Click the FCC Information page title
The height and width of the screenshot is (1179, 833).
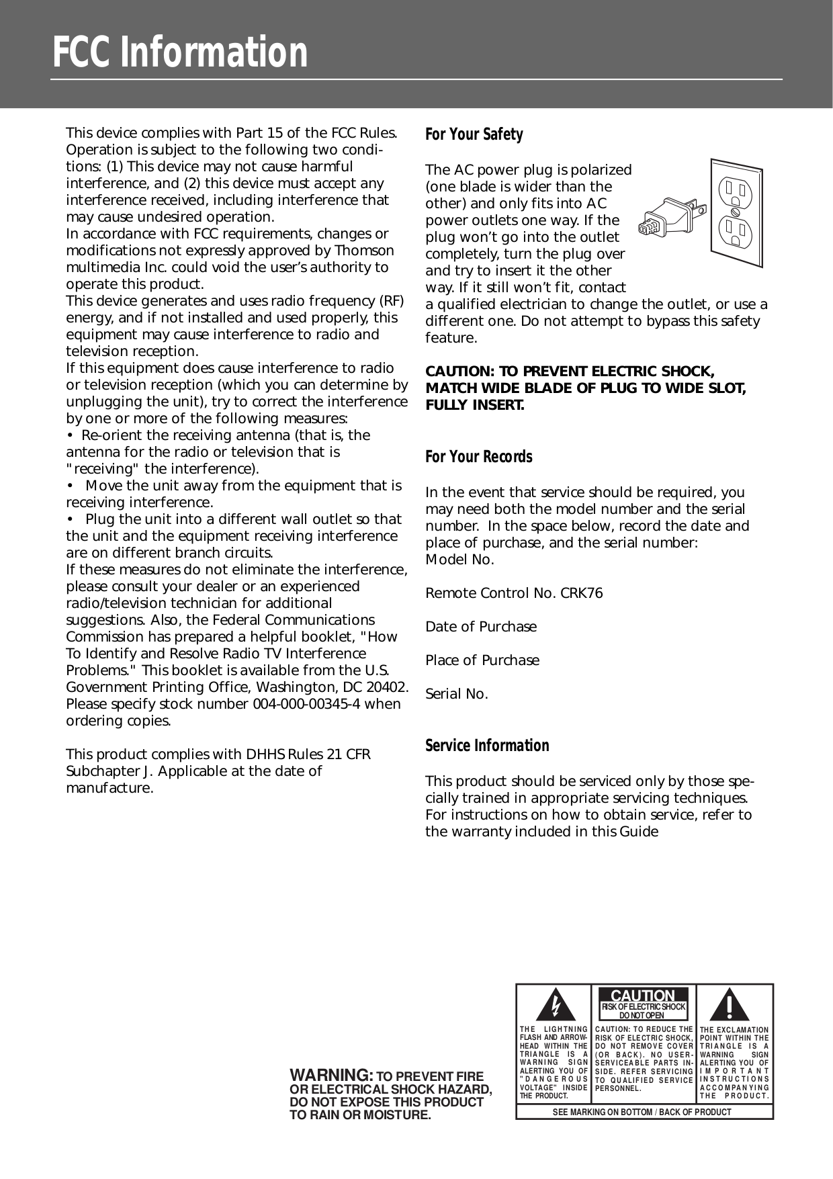pos(180,54)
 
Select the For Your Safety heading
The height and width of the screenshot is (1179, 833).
pos(474,134)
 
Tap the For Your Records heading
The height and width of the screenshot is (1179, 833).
pos(479,457)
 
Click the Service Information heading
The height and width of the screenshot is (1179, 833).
pos(487,746)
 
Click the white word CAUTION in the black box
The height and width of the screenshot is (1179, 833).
pos(643,996)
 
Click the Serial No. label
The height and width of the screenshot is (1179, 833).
pos(457,694)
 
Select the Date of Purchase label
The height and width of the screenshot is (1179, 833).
pos(481,627)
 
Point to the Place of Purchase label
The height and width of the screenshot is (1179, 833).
pos(482,660)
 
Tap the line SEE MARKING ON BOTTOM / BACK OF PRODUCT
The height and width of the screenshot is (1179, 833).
pos(642,1112)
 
